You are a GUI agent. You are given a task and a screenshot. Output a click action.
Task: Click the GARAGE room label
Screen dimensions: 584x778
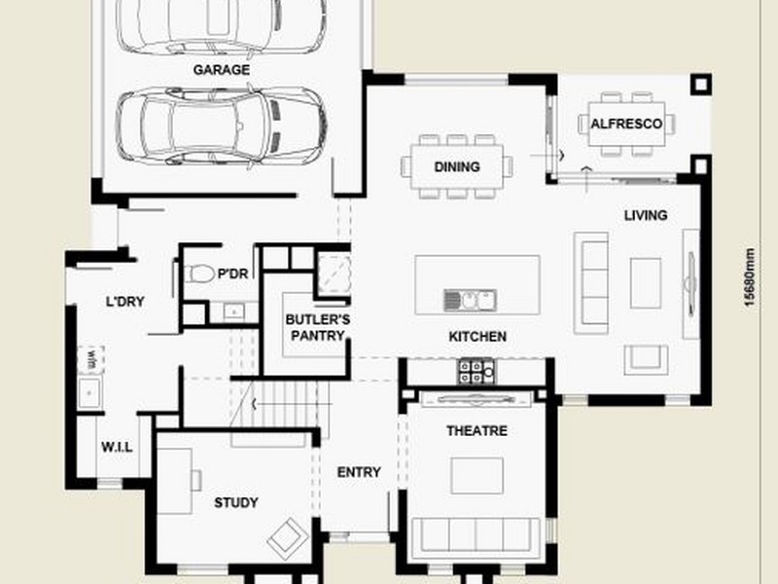click(x=221, y=70)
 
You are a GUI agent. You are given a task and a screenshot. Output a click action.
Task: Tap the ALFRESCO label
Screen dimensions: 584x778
click(x=626, y=125)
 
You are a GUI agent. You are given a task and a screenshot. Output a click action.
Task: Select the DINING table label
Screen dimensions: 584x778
click(x=457, y=166)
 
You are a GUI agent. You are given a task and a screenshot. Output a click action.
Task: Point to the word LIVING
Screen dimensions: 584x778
click(x=645, y=215)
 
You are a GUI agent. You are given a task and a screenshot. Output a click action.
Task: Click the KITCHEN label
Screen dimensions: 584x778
click(x=477, y=337)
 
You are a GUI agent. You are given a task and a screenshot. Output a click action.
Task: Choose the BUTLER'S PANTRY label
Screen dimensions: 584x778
click(x=316, y=327)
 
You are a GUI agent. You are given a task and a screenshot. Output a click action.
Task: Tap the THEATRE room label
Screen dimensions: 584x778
click(x=477, y=430)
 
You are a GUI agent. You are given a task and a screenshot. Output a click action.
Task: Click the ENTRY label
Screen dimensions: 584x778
click(x=359, y=472)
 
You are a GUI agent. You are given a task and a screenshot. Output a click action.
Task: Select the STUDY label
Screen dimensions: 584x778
click(x=235, y=503)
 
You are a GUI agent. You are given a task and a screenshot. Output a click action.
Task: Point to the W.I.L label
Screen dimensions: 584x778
click(x=118, y=447)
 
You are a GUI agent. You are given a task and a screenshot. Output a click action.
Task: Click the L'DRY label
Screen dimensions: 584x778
click(x=124, y=302)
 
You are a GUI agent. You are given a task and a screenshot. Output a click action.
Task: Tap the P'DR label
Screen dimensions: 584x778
click(x=232, y=274)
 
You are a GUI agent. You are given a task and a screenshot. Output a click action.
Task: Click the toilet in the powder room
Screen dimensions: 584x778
click(x=199, y=274)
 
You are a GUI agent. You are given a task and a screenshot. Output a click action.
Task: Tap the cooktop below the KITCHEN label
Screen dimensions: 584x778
click(x=477, y=370)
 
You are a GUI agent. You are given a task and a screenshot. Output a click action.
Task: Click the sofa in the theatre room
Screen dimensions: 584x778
click(x=477, y=535)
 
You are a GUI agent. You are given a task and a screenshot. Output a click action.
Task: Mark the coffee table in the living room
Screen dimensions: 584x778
click(x=646, y=283)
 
